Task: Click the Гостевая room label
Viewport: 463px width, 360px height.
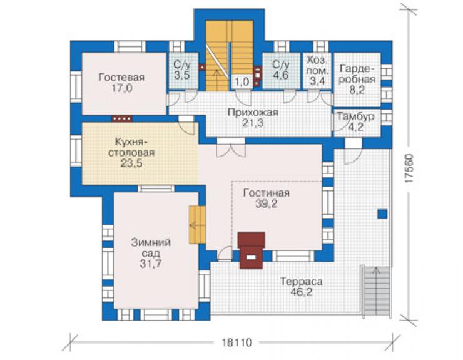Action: (121, 78)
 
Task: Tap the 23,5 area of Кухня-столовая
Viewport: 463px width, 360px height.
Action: (131, 163)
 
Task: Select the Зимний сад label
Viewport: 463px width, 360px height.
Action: (151, 248)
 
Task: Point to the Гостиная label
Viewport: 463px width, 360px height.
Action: (267, 193)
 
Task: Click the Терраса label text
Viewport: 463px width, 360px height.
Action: (301, 281)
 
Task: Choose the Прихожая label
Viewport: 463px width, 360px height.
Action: (253, 112)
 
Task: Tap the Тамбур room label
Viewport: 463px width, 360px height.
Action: (356, 116)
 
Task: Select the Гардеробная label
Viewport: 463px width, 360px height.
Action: (357, 74)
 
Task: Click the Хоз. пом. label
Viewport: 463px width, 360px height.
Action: (317, 65)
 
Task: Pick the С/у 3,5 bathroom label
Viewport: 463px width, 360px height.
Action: (182, 69)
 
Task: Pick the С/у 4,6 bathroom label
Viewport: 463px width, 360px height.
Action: (281, 69)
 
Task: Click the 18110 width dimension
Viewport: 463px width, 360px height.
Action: (237, 342)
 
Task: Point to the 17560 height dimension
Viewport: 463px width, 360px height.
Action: (409, 169)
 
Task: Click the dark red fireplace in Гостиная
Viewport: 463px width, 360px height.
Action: (251, 250)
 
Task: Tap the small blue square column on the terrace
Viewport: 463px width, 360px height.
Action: (382, 214)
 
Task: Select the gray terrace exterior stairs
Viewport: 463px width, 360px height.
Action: (377, 291)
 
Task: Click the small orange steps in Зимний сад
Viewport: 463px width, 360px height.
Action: (197, 225)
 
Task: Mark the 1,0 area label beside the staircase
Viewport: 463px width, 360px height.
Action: (242, 81)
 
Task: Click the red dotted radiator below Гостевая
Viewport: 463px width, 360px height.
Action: (122, 119)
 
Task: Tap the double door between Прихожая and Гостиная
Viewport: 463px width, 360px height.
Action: (231, 147)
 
